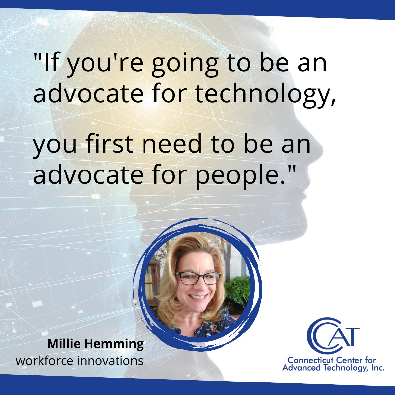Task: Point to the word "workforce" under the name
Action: click(45, 361)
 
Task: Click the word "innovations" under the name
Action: click(110, 361)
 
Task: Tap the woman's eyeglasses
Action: click(198, 278)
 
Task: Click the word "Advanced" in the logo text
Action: click(298, 368)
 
